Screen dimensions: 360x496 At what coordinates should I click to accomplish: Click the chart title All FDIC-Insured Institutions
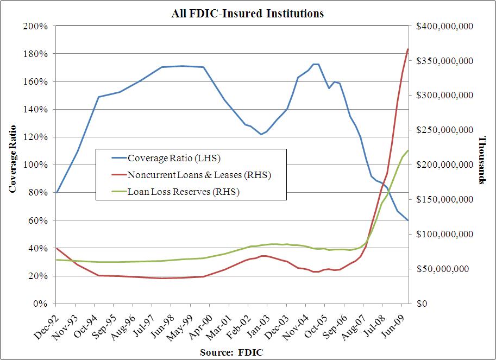coord(247,13)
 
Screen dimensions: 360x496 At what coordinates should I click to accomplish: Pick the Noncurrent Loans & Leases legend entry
coord(198,175)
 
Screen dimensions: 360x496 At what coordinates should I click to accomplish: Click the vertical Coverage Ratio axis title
coord(12,159)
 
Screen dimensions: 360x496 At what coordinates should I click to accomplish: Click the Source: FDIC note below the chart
coord(232,352)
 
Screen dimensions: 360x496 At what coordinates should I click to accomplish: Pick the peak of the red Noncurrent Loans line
coord(408,49)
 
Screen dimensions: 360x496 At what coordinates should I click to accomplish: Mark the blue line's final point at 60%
coord(408,220)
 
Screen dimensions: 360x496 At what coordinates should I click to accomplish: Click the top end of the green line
coord(408,150)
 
